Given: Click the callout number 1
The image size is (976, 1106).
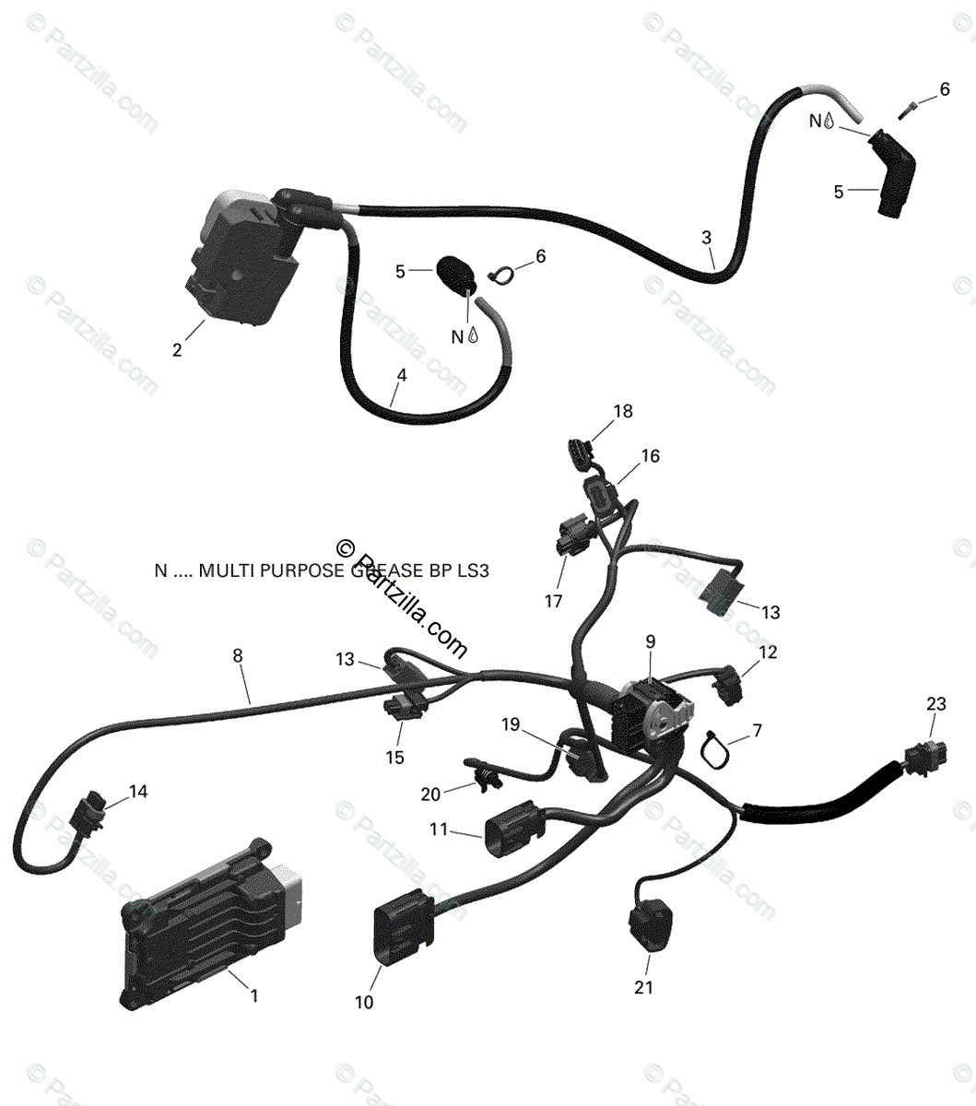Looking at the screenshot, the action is [254, 995].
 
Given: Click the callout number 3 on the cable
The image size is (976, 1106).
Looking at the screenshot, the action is [707, 237].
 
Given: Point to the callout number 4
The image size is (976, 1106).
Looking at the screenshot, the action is [401, 375].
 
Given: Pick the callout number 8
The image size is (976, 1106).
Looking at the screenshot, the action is [238, 656].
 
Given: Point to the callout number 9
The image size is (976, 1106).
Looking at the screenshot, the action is [651, 640].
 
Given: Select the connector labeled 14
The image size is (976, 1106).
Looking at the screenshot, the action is [91, 813].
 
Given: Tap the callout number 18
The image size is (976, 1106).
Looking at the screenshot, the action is [624, 411].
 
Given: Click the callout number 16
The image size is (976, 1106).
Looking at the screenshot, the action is [651, 456].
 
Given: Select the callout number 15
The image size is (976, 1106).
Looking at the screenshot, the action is [394, 758].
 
